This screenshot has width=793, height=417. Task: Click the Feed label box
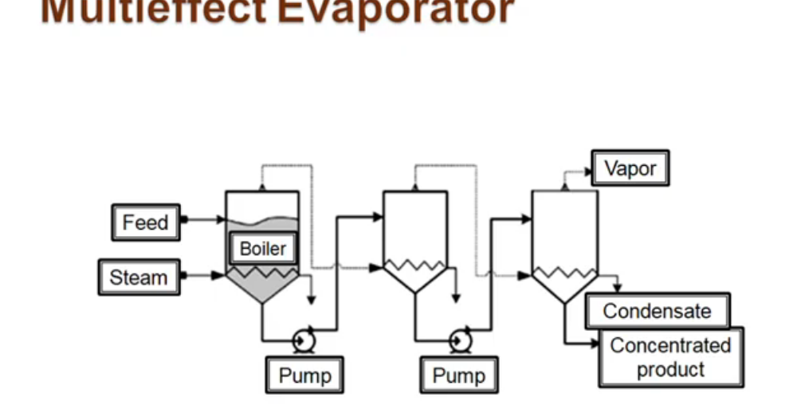(145, 222)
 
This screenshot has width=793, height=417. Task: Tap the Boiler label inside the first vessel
(262, 249)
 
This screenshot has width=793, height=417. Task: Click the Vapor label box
(630, 169)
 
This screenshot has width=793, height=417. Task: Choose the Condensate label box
(657, 311)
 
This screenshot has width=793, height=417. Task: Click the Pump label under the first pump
(304, 375)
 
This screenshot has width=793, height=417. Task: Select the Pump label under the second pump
(458, 375)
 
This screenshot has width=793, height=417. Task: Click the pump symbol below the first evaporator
(304, 340)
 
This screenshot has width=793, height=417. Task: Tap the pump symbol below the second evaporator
(459, 340)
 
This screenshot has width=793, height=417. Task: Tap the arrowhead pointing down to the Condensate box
(616, 288)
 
